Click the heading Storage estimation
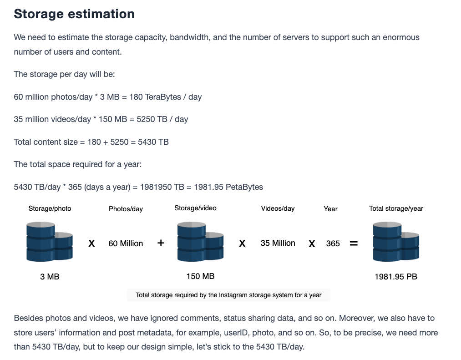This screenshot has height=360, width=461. click(74, 14)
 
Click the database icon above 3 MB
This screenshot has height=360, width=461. click(50, 242)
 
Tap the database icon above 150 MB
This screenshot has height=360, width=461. click(200, 242)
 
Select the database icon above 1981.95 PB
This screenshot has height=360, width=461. click(396, 242)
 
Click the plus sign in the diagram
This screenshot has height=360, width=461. click(161, 243)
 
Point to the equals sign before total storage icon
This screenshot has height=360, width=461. click(354, 243)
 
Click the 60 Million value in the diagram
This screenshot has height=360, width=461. click(126, 243)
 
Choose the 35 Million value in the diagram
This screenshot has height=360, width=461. click(278, 243)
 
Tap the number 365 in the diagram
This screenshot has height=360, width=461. click(333, 243)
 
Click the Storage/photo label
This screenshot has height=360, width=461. click(50, 208)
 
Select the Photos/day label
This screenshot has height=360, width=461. click(126, 209)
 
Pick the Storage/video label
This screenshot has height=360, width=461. click(195, 208)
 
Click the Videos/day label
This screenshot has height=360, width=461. click(278, 208)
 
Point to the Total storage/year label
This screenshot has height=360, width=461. click(396, 208)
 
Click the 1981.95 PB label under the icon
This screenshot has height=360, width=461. click(396, 277)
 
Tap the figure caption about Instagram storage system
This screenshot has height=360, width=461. click(228, 295)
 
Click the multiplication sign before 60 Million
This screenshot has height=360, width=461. click(92, 243)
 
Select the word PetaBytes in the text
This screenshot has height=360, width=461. click(245, 187)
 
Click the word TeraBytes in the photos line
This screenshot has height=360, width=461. click(162, 97)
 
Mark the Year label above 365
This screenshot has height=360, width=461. click(330, 209)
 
